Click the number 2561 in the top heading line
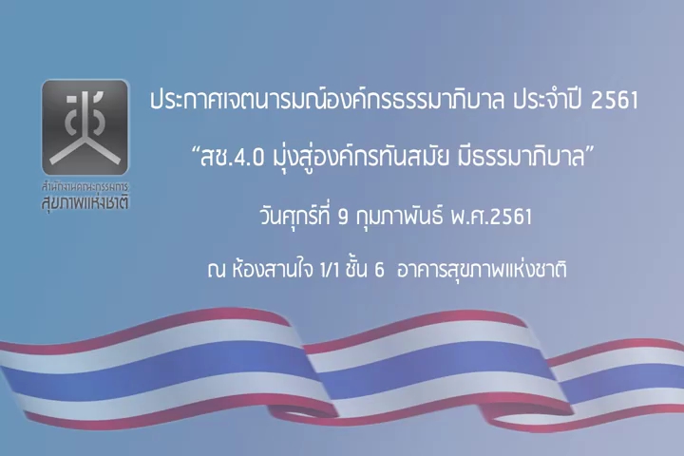pos(615,101)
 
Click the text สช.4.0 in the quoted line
pos(232,158)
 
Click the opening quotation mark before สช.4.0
pos(195,150)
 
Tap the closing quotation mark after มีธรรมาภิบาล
pos(589,150)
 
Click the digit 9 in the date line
pos(343,217)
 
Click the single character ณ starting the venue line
pos(216,271)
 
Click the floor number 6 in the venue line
pos(379,271)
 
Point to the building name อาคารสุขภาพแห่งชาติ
pos(482,269)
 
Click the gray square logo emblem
pos(85,127)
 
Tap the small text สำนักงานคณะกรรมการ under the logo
pos(85,188)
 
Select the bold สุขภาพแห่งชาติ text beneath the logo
pos(85,203)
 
